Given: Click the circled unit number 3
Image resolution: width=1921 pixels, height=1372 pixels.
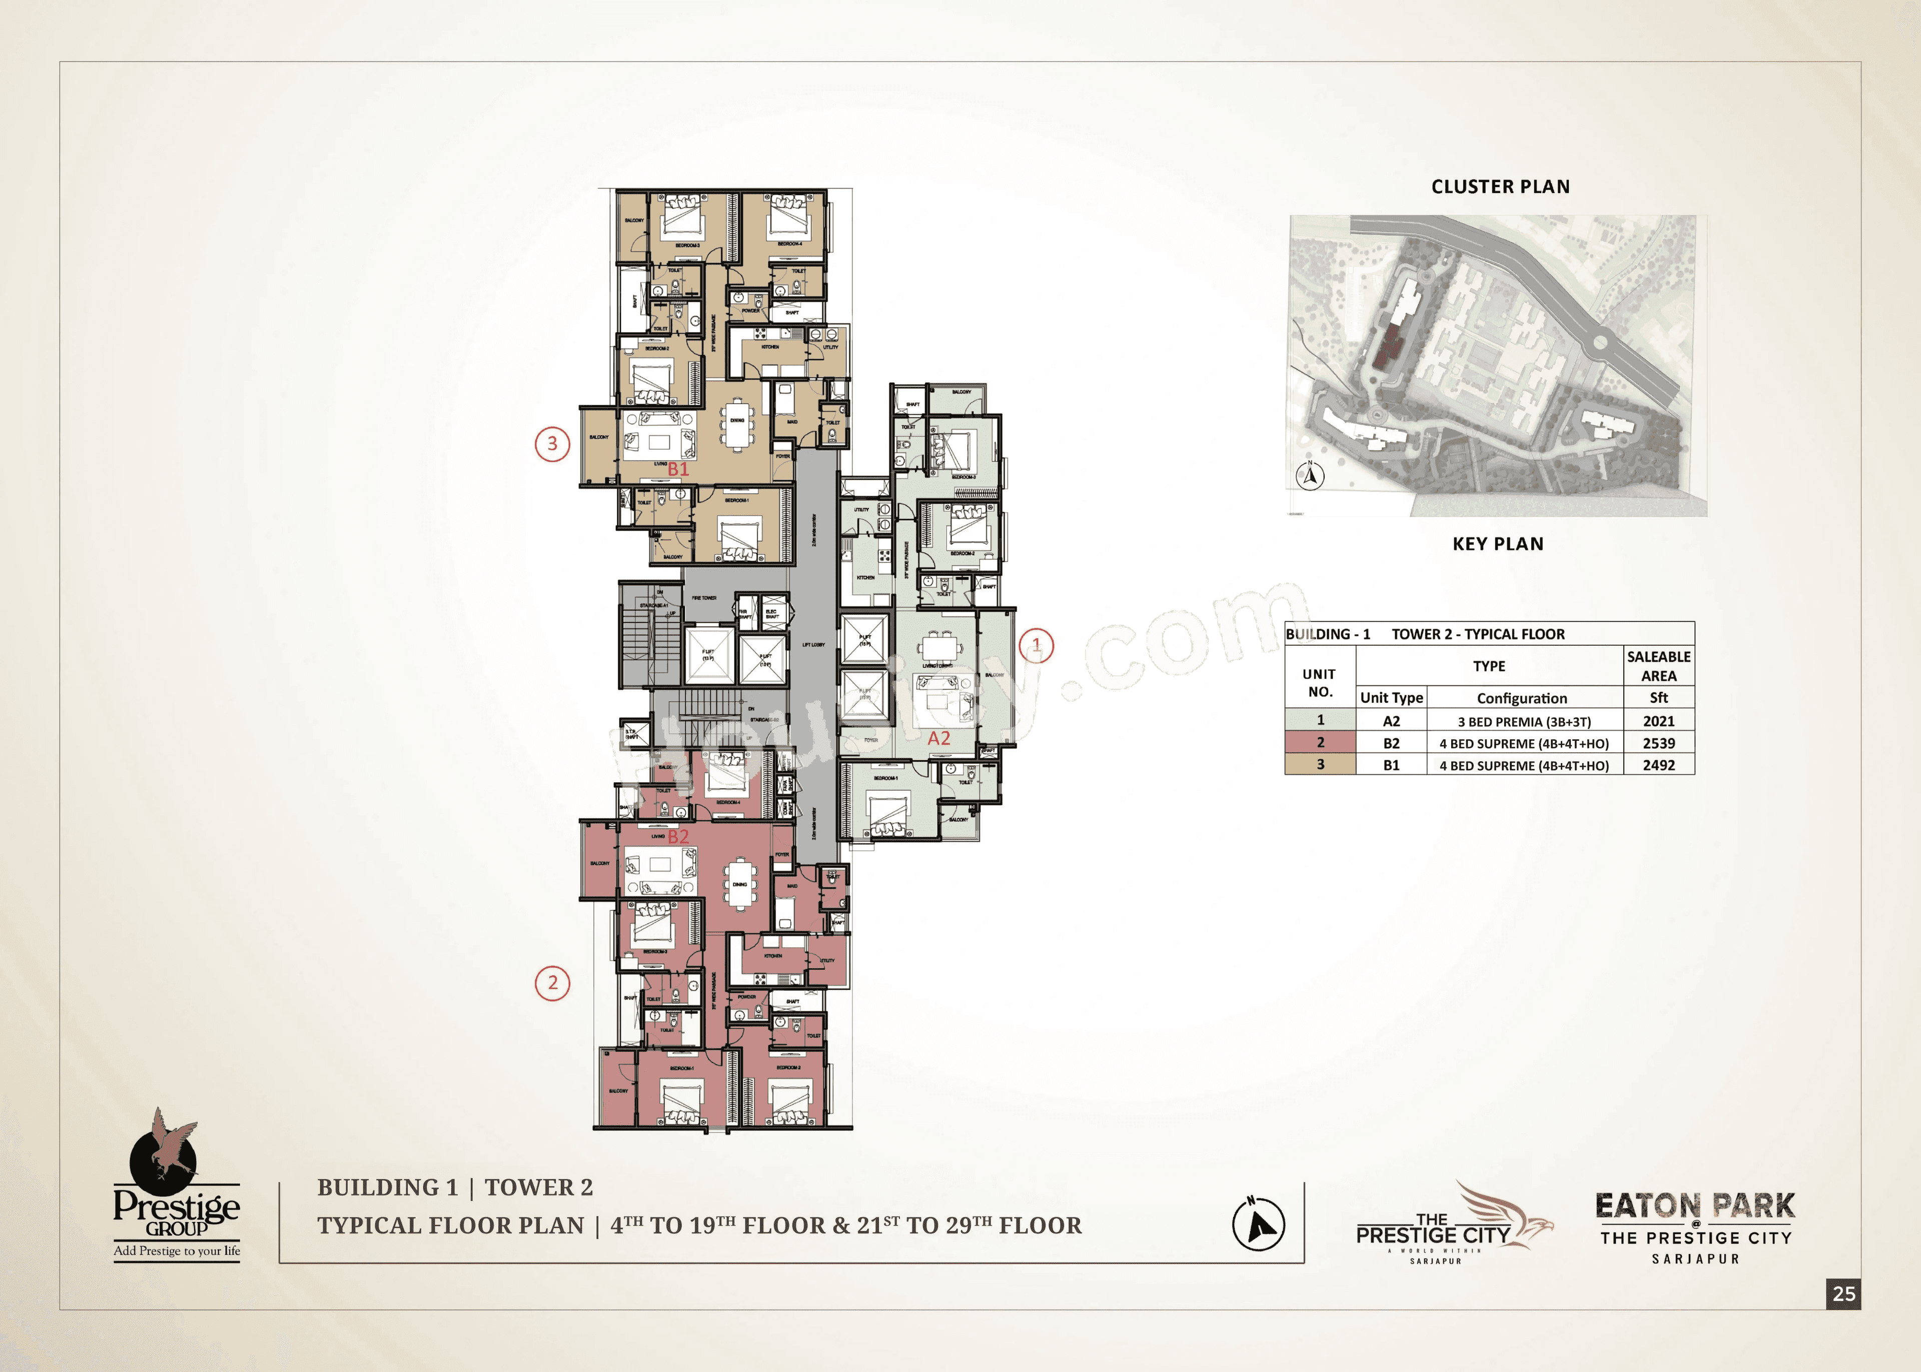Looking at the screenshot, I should pos(552,444).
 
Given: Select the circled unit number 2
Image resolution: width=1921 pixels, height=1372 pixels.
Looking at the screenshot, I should pos(552,982).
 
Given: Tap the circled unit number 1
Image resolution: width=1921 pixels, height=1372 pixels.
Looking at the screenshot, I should pos(1037,646).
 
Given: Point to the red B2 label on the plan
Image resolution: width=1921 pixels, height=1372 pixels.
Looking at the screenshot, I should pos(678,836).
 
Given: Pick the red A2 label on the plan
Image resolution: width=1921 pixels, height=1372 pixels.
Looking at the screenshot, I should pos(938,738).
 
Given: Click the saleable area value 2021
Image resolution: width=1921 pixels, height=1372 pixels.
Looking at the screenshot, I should pos(1658,721).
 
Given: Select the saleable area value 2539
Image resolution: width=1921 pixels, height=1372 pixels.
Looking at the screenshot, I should pos(1658,743).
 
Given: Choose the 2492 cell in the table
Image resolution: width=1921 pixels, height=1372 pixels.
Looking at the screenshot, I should pos(1658,765).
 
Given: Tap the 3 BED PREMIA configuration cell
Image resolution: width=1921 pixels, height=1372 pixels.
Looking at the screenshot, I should pos(1524,721).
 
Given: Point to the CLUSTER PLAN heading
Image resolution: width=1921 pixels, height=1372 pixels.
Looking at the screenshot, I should pos(1500,187).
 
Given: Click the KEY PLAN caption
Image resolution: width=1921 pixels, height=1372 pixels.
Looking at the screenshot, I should pos(1498,544).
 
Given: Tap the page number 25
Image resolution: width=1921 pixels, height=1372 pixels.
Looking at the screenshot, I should pos(1844,1293).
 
